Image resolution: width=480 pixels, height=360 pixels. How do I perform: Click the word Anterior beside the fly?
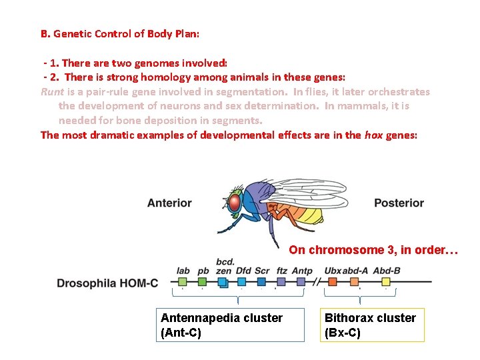[169, 203]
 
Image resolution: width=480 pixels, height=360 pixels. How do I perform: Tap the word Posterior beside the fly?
[399, 203]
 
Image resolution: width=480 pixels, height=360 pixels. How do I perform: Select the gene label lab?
[183, 271]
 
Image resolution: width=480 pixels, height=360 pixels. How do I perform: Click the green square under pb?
[203, 282]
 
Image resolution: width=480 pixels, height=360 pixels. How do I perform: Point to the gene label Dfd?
[243, 271]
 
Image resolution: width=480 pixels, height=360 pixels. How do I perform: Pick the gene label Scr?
[262, 271]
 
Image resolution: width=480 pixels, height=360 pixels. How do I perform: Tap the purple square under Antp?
[301, 282]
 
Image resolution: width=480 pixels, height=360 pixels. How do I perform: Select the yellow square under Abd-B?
[386, 282]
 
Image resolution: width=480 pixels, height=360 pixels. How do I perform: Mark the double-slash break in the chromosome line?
[317, 282]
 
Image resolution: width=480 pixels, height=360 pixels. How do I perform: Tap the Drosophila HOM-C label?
[107, 283]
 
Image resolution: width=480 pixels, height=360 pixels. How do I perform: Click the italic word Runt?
[52, 92]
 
